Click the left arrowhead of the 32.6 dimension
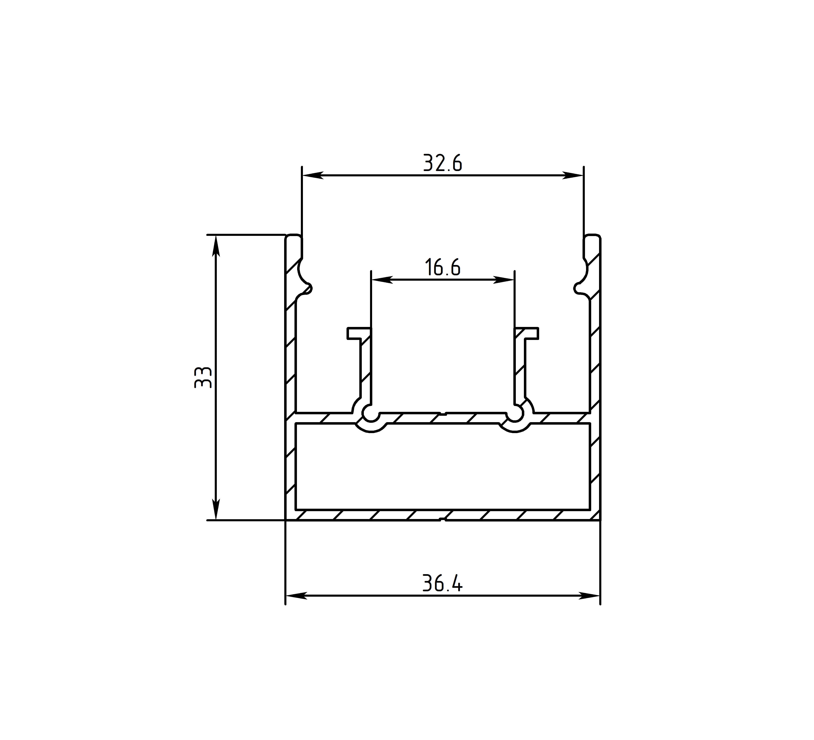pyautogui.click(x=313, y=175)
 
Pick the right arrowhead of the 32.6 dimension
pyautogui.click(x=573, y=175)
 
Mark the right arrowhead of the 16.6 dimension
pyautogui.click(x=503, y=279)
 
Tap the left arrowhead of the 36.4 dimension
pyautogui.click(x=296, y=595)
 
